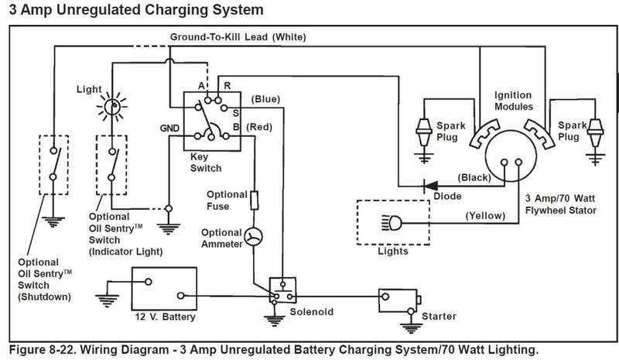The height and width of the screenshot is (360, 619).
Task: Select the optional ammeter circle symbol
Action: click(x=253, y=237)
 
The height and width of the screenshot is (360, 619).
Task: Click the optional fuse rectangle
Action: click(x=253, y=200)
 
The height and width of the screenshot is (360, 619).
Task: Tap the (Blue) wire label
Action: click(x=266, y=98)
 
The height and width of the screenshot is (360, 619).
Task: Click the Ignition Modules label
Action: click(x=513, y=101)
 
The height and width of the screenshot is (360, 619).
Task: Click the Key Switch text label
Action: click(x=205, y=162)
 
